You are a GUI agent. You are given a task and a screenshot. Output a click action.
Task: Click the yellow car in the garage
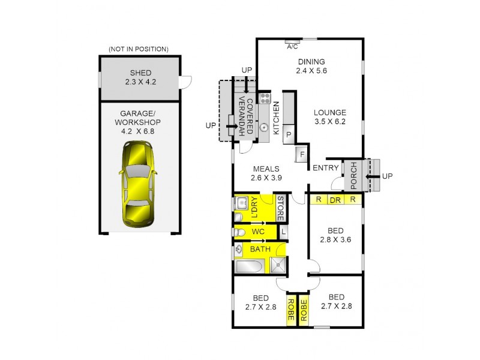click(137, 185)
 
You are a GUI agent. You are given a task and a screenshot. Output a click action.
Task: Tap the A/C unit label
click(293, 46)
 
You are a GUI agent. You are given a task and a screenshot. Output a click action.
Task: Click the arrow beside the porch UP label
click(373, 176)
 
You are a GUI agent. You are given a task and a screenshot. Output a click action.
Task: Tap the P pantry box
click(289, 134)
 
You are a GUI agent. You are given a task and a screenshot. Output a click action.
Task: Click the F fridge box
click(302, 155)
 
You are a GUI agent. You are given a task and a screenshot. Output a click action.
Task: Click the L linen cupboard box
click(283, 231)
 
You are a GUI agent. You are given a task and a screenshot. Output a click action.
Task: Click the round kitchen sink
click(263, 127)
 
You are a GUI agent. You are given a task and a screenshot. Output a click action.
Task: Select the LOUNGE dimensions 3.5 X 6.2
click(329, 122)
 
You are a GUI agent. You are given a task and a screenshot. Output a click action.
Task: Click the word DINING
click(311, 61)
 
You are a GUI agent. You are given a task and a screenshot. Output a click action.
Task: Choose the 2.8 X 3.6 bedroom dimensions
click(336, 240)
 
